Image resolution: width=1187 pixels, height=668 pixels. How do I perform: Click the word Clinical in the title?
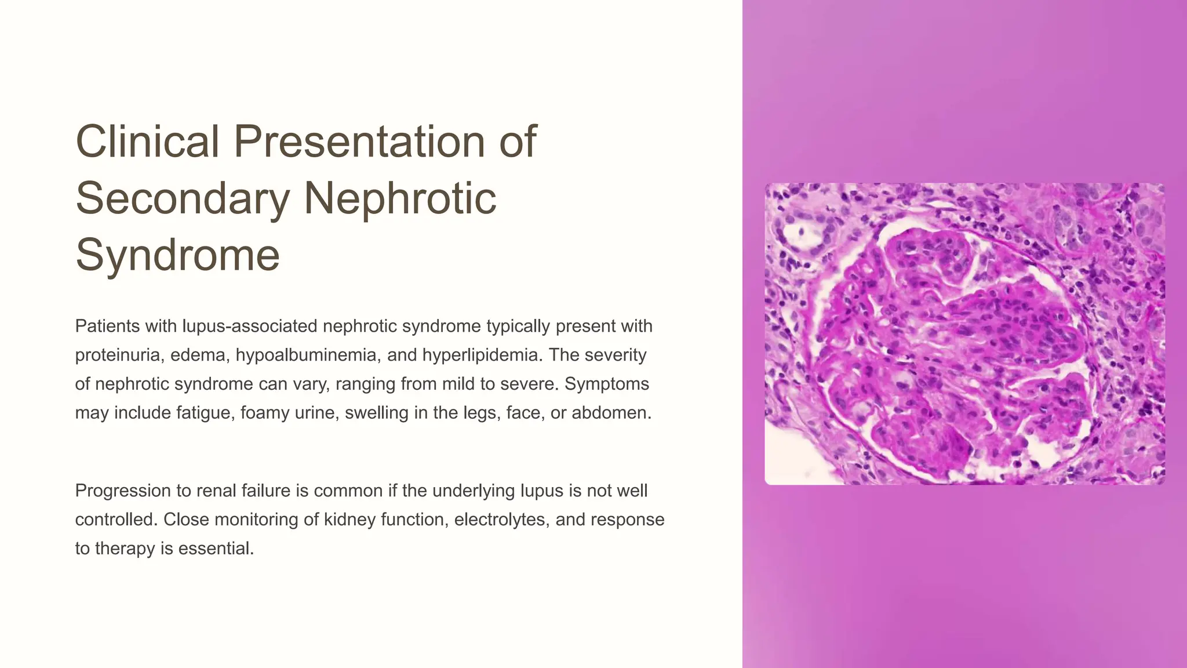pos(148,141)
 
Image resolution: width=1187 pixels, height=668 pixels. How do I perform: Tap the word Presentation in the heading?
pos(359,141)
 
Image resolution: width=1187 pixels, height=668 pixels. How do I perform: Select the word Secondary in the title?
pos(182,198)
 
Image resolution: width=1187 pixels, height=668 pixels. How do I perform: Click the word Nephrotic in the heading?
pos(400,198)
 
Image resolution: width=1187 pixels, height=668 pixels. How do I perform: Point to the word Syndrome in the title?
pos(177,255)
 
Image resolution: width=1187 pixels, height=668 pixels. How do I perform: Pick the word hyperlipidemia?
pos(482,355)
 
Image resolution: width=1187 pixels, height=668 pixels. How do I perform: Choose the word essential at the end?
pos(216,549)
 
